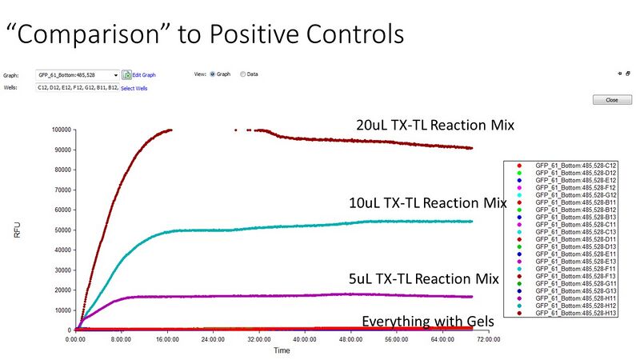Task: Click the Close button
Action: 606,100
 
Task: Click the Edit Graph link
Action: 142,74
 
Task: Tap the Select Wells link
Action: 134,88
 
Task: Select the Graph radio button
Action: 213,74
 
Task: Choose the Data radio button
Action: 243,74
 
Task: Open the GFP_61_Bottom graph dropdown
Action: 116,74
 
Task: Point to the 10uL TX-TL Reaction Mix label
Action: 428,203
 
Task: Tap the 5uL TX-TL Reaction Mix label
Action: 424,278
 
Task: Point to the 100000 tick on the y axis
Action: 60,130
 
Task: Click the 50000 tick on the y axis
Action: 62,230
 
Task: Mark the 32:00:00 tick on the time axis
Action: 258,339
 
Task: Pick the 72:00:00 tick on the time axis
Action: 487,339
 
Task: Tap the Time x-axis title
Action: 282,350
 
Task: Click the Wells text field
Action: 77,88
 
